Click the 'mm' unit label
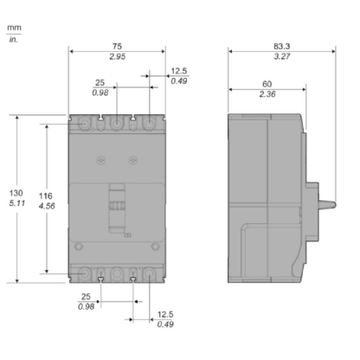pos(15,28)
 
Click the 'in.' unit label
pos(14,40)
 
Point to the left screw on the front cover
pos(100,161)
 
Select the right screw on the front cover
pos(132,161)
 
